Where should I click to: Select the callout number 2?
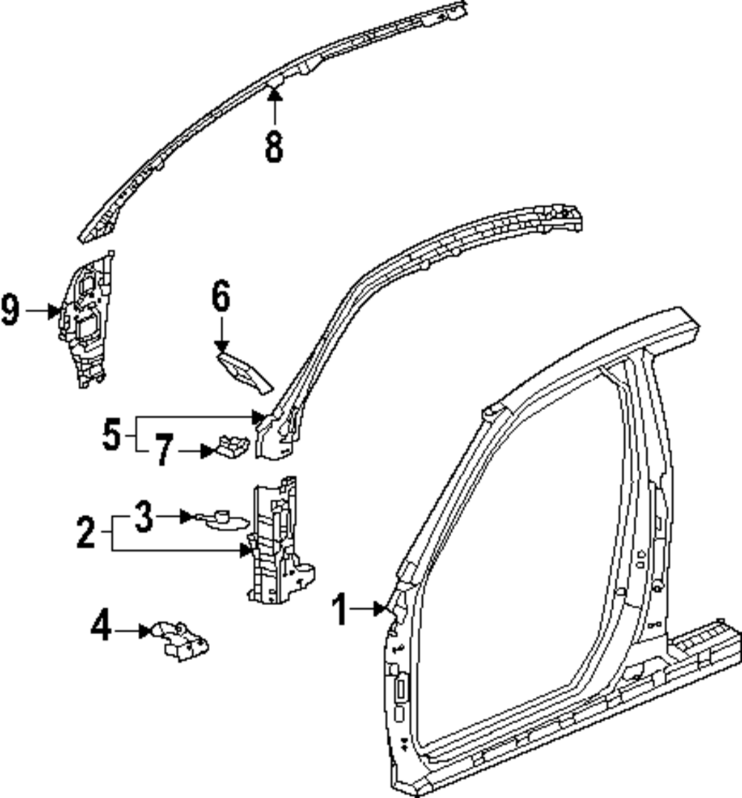click(x=87, y=533)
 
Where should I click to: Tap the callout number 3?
click(x=145, y=517)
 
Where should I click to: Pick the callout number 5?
click(x=111, y=434)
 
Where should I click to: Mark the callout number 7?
click(x=165, y=450)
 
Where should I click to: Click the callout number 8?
click(x=275, y=146)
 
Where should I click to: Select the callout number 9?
click(x=10, y=310)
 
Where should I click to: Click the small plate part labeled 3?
click(x=220, y=520)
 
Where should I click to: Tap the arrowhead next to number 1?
click(x=384, y=610)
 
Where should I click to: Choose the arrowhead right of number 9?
click(x=54, y=311)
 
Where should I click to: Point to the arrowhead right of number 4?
click(x=145, y=631)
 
